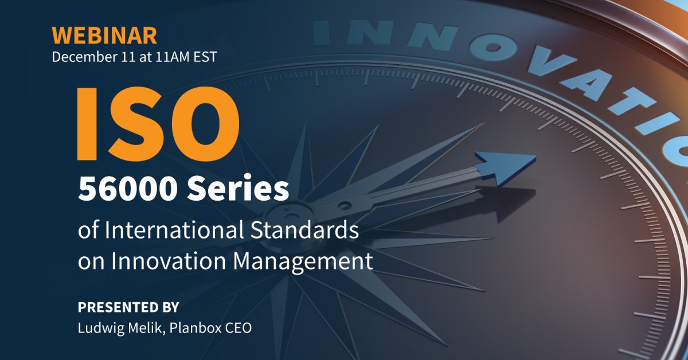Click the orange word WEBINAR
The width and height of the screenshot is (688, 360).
pos(104,36)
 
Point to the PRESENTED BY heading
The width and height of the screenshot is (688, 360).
pos(128,307)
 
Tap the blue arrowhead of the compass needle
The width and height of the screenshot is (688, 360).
pos(505,166)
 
